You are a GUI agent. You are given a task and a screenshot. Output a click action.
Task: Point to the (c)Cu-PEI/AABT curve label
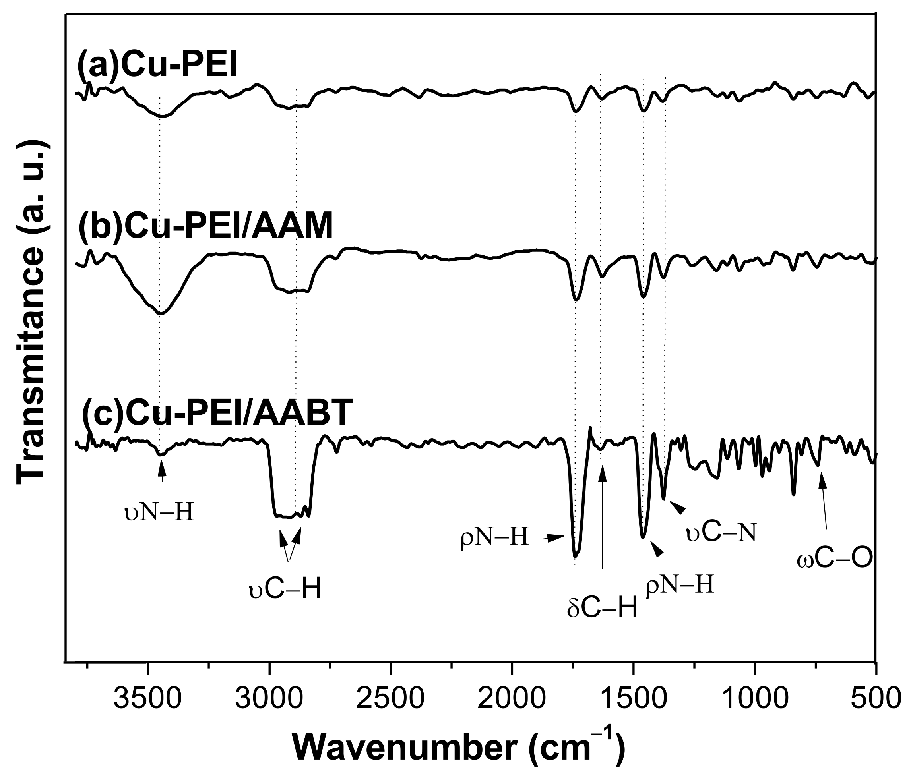(217, 414)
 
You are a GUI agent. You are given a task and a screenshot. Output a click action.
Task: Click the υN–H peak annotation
(159, 513)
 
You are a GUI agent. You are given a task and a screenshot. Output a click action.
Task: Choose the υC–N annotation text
(721, 533)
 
